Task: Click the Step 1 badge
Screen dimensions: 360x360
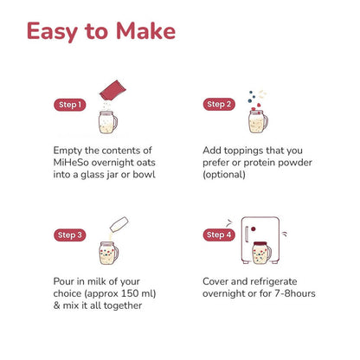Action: pos(70,105)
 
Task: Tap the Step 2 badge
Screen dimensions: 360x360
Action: pos(219,105)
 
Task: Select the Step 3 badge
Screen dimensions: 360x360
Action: pos(70,235)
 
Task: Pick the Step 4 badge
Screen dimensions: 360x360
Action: pos(219,235)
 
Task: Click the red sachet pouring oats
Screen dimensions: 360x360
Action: pos(112,90)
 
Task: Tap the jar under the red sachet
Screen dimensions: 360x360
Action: pos(108,122)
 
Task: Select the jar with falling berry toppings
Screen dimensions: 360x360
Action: pos(258,121)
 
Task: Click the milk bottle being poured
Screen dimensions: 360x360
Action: pos(119,224)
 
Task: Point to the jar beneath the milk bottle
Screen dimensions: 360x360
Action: pos(108,253)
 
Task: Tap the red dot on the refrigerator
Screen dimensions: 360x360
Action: pos(254,229)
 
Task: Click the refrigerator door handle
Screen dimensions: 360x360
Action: pos(247,234)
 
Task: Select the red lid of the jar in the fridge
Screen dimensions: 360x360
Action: pos(260,244)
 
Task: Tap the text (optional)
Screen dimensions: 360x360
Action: pos(224,175)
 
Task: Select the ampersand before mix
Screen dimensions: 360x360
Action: pos(56,305)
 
